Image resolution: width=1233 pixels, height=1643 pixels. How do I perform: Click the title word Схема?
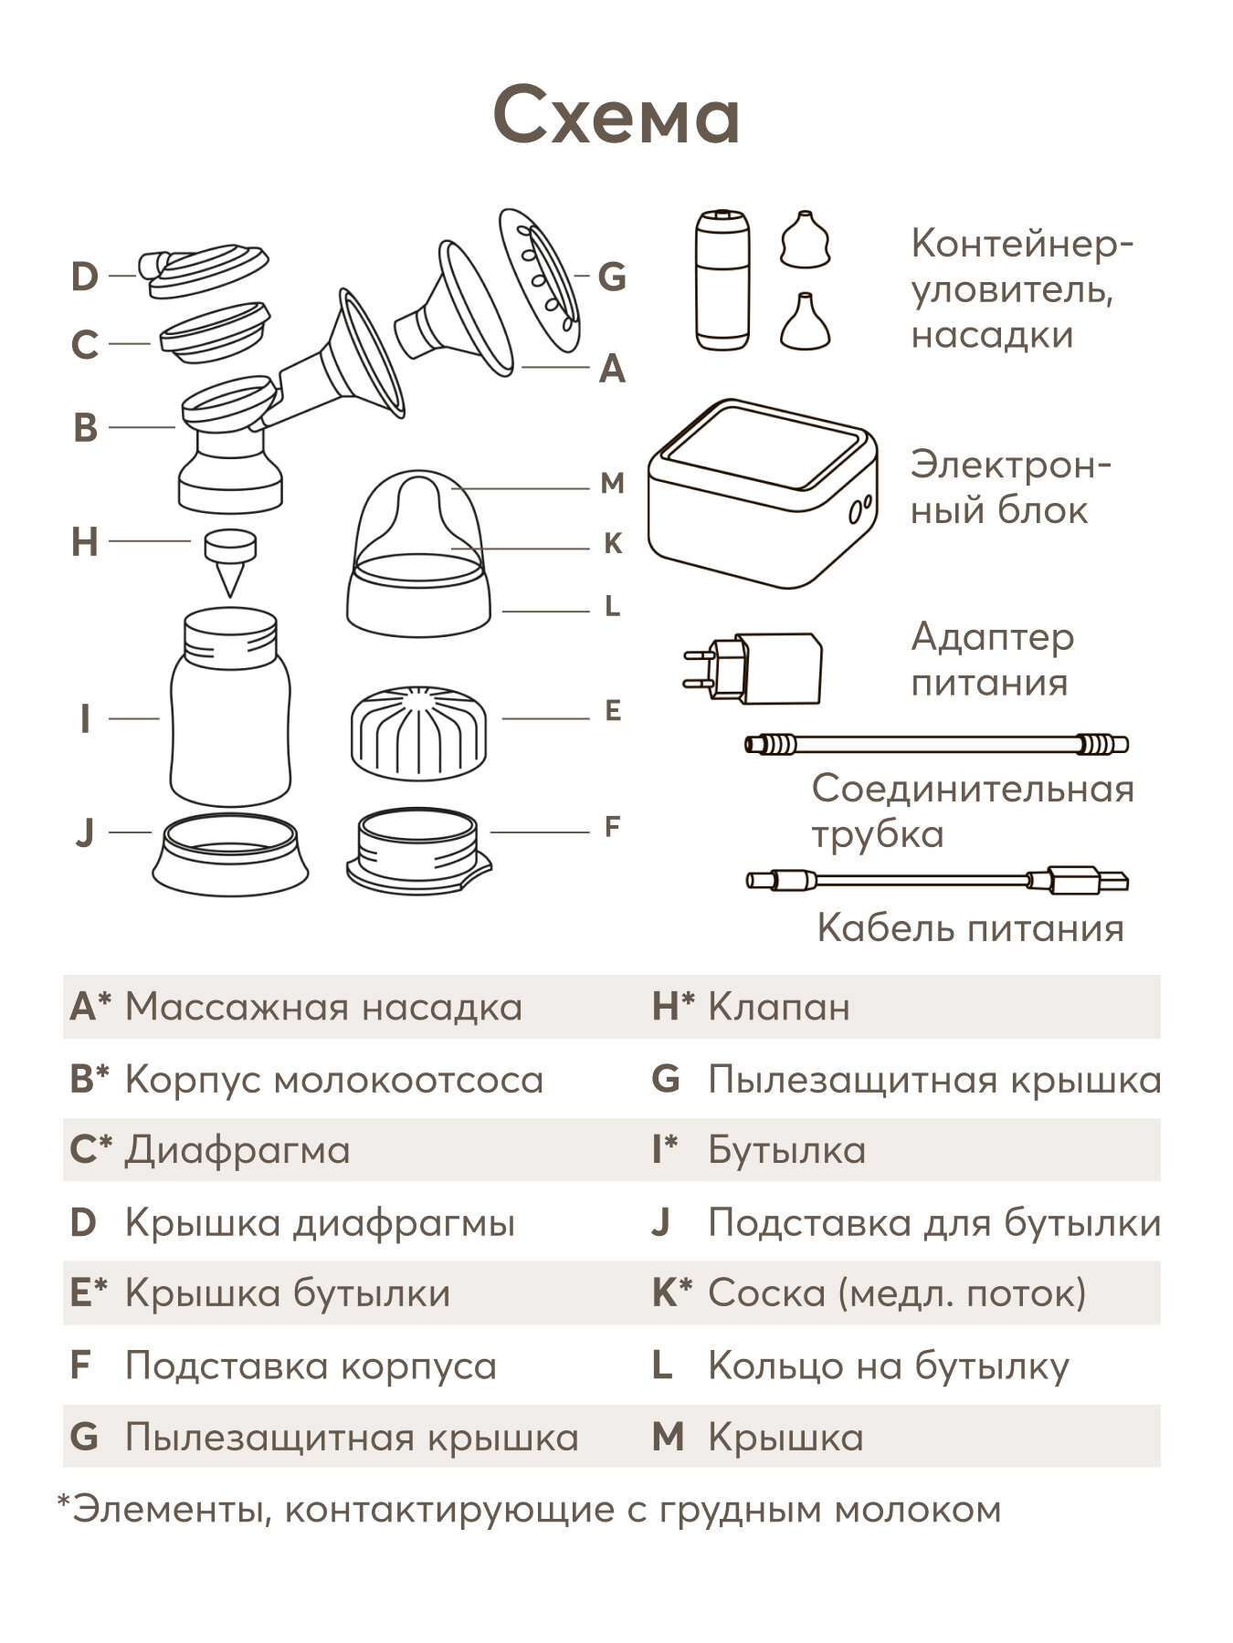coord(616,116)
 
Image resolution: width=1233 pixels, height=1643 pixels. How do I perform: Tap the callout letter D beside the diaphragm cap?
coord(84,276)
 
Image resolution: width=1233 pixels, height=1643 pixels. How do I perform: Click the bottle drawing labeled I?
coord(230,708)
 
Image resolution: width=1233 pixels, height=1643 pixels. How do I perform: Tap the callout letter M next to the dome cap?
coord(612,483)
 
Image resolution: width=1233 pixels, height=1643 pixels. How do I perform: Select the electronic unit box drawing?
coord(764,493)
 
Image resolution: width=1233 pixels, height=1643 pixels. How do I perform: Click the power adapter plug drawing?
coord(753,668)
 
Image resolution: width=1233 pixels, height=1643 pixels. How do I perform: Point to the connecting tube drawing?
coord(936,744)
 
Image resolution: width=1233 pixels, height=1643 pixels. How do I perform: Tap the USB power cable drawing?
coord(936,880)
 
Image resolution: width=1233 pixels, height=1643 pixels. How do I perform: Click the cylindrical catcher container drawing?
coord(723,279)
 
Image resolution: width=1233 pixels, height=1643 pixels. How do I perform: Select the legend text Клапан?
coord(778,1007)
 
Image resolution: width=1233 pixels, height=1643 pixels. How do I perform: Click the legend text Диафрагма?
coord(237,1150)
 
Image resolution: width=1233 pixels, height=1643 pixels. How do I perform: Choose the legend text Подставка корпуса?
coord(311,1366)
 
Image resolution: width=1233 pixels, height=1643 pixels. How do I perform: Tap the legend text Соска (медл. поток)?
coord(897,1293)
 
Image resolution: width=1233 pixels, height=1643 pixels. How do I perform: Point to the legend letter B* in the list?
coord(90,1079)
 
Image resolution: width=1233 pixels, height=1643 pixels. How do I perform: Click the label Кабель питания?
coord(970,928)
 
